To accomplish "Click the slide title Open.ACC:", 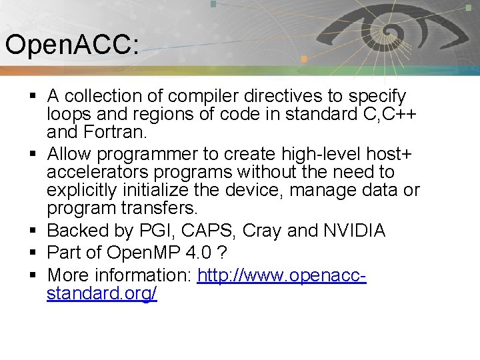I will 72,45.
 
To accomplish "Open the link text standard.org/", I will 101,294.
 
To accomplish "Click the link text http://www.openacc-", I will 282,275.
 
